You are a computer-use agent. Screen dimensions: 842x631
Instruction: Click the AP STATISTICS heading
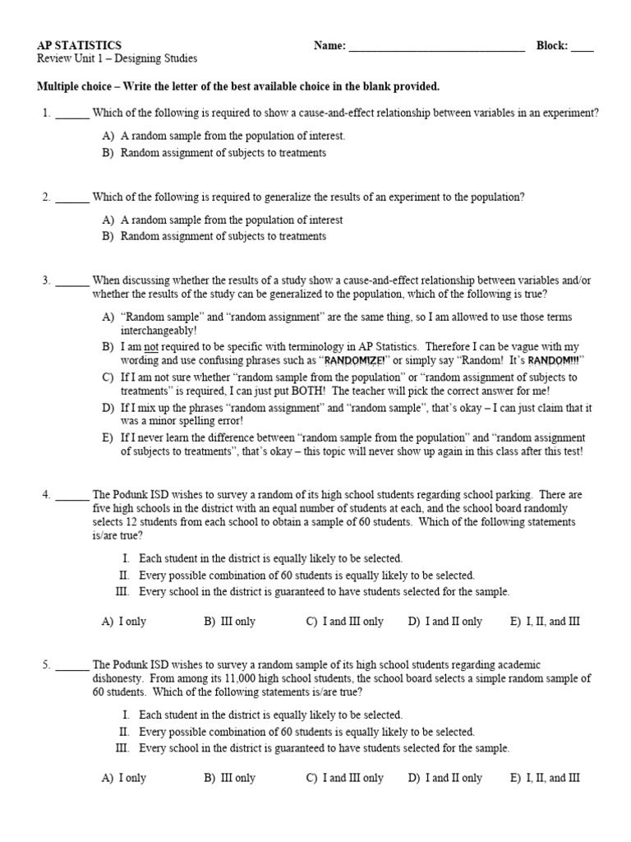coord(80,46)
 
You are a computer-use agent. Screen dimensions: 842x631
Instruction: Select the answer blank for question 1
coord(73,113)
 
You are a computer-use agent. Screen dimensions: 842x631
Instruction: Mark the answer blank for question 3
coord(73,281)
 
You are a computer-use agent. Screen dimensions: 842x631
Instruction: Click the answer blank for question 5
coord(73,665)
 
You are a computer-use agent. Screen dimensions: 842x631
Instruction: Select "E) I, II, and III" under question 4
coord(545,622)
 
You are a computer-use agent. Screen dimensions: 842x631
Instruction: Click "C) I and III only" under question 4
coord(344,622)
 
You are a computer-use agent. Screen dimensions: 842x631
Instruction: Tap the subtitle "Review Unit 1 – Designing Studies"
coord(117,59)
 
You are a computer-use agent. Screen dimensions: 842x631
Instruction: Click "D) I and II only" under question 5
coord(444,778)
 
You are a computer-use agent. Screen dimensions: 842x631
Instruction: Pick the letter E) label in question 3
coord(108,438)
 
